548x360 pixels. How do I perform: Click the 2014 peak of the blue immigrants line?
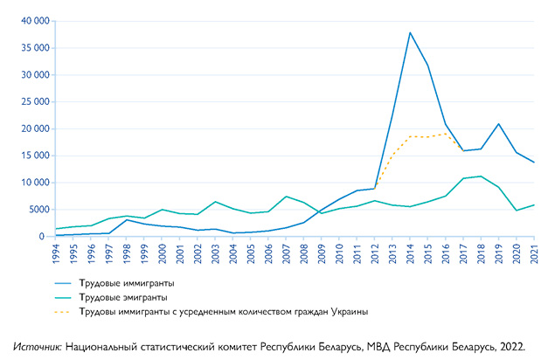click(x=410, y=33)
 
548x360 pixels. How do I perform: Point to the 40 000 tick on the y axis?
click(x=31, y=21)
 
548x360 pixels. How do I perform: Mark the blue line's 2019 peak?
click(x=498, y=124)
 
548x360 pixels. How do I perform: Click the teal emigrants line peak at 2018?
click(x=481, y=177)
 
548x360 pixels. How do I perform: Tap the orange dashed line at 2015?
click(x=427, y=136)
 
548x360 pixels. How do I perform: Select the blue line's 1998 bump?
click(x=128, y=219)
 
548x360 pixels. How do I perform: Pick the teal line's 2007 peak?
click(x=286, y=197)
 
